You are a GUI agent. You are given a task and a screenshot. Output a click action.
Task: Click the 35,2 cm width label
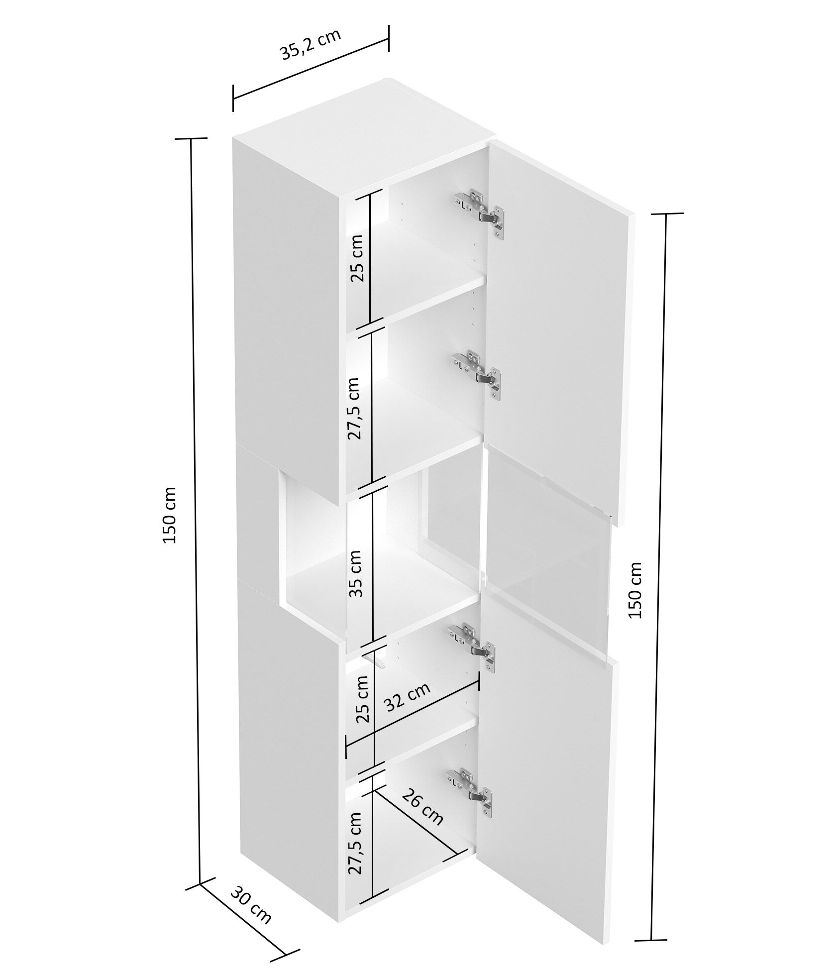pos(311,45)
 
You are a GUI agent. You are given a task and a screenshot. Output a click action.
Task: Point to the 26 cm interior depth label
pos(422,807)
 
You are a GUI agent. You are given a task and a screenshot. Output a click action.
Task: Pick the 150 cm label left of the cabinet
pos(170,515)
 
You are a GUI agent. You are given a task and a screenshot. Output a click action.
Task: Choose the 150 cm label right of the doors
pos(636,589)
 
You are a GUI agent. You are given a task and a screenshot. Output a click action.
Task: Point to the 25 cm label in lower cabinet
pos(361,699)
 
